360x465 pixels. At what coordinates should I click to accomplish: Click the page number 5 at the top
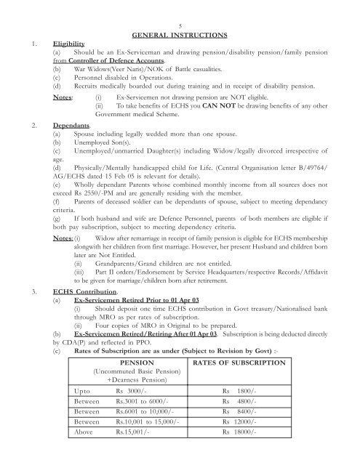pos(179,25)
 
